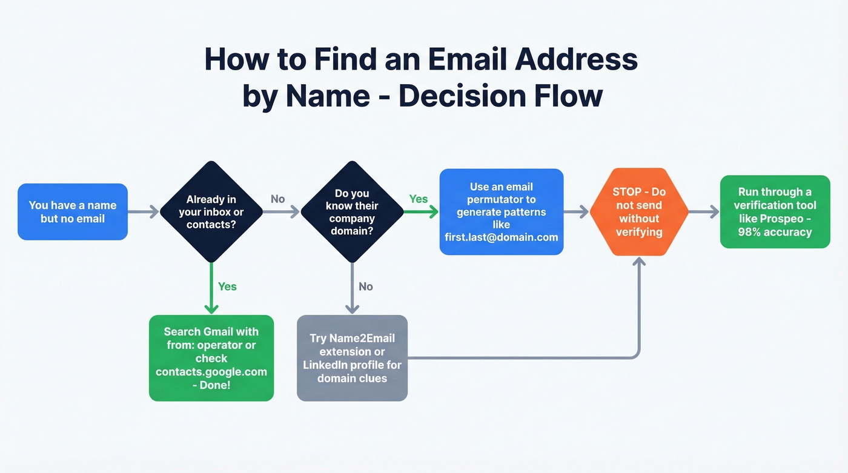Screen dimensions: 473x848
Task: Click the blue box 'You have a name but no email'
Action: click(x=73, y=211)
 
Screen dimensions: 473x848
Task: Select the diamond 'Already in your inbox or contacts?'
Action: click(x=211, y=211)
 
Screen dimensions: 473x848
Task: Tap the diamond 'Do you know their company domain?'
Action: click(x=352, y=211)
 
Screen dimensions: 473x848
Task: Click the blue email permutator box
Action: click(x=501, y=211)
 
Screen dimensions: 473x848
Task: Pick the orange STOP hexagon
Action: click(x=639, y=211)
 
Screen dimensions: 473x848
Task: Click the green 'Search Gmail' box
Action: click(x=211, y=358)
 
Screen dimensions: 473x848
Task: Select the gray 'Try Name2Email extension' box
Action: click(x=352, y=358)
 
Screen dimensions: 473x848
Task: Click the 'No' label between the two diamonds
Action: click(x=277, y=199)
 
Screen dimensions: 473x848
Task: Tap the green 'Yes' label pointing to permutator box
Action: click(x=419, y=199)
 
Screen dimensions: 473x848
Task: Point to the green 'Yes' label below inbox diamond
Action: click(x=227, y=286)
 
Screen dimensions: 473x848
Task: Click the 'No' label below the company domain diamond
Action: click(x=366, y=286)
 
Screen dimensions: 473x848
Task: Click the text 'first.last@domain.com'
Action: click(x=501, y=237)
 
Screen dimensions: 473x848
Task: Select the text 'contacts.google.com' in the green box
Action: click(x=211, y=371)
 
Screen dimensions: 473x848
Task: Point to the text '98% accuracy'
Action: click(x=775, y=232)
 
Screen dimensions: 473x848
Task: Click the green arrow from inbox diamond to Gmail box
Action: click(x=211, y=288)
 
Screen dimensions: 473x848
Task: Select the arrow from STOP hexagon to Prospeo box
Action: click(x=704, y=211)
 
